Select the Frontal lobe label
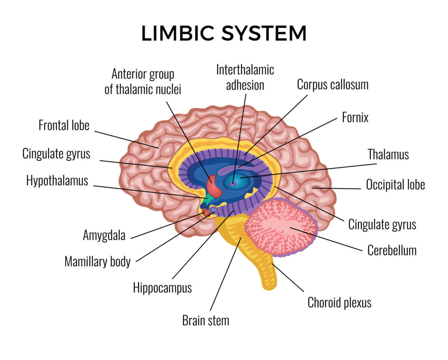(64, 125)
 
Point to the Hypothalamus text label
(57, 181)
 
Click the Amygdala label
(104, 236)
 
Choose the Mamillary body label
(97, 261)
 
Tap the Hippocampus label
(162, 288)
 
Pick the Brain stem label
(205, 320)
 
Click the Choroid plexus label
(339, 302)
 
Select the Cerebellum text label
(392, 250)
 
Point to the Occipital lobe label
(395, 184)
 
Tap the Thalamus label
(388, 154)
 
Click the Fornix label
(355, 118)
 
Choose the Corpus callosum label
(333, 84)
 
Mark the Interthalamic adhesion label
(245, 77)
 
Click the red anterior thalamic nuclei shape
(214, 186)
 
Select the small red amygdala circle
(205, 212)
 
